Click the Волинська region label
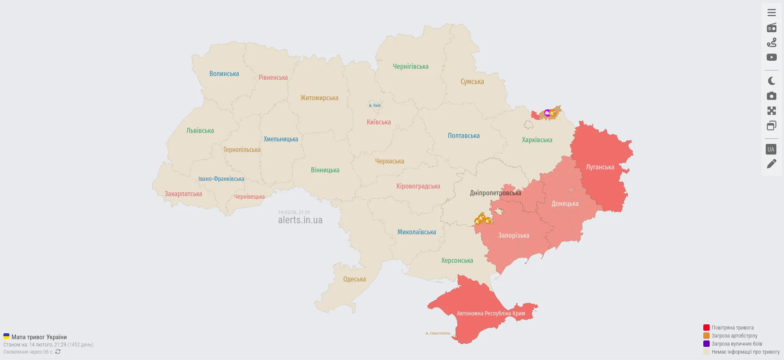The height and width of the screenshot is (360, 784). coord(224,74)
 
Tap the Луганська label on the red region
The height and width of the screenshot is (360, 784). coord(600,167)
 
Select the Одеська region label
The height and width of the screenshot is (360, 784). coord(354,279)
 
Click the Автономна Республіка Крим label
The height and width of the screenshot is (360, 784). coord(491,314)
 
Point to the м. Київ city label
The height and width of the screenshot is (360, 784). coord(375,106)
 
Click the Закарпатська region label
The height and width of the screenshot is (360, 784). coord(183,194)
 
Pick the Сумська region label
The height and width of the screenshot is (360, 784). coord(472,82)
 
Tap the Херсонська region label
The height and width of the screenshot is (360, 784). coord(457,261)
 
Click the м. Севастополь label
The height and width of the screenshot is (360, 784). coord(437,333)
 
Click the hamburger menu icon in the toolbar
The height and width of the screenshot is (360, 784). coord(771,13)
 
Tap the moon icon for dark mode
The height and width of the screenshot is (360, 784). coord(771,81)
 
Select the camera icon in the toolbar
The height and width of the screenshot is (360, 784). coord(771,96)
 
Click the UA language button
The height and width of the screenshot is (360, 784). coord(771,149)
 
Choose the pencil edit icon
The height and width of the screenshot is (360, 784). coord(771,164)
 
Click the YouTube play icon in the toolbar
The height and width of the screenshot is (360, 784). coord(771,57)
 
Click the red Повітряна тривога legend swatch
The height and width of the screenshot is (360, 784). coord(706,328)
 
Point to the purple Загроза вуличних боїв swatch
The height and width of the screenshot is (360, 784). coord(706,344)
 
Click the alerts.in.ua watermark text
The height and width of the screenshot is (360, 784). coord(300,220)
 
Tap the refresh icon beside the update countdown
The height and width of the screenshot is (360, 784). coord(58,352)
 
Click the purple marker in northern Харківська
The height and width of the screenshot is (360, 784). coord(547,113)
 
